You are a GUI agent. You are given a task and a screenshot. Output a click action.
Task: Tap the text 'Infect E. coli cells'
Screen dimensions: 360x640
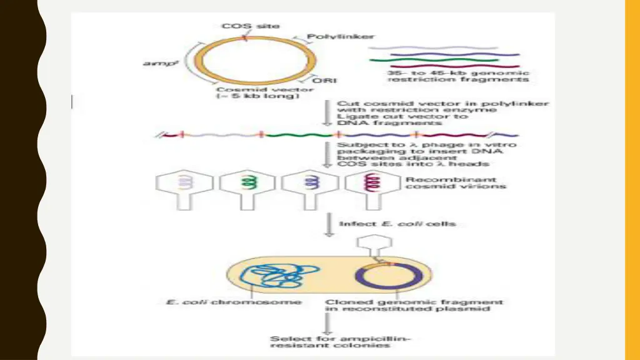(397, 223)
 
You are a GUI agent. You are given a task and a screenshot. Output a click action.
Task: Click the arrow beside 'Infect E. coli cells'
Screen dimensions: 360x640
(327, 225)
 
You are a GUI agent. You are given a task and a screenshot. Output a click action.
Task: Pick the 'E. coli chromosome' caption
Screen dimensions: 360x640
(233, 302)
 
